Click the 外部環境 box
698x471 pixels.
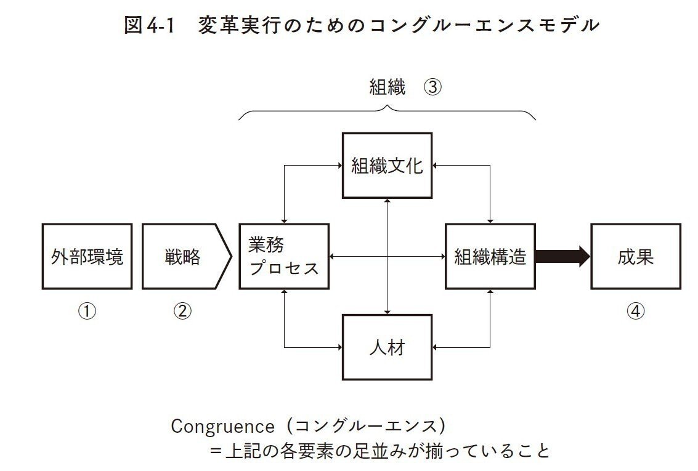click(87, 256)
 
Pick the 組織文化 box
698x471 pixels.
click(387, 166)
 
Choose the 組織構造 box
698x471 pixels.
click(490, 256)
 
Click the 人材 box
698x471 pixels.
click(387, 347)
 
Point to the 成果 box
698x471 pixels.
click(635, 256)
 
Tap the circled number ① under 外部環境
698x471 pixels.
click(87, 312)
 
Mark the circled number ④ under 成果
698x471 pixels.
click(635, 312)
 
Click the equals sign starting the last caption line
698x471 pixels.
click(216, 451)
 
